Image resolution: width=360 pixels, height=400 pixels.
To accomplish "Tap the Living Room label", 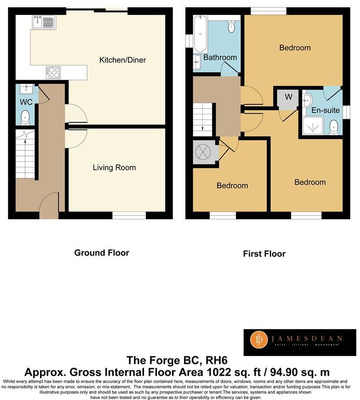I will click(114, 167).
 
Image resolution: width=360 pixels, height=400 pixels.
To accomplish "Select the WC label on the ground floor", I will click(26, 102).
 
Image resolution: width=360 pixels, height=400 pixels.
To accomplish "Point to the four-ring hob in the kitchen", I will click(53, 72).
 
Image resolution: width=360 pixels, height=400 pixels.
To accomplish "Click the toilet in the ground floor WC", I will click(25, 117).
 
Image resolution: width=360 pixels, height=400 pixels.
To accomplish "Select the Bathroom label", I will click(220, 57).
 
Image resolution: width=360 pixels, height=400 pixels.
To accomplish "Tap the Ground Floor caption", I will click(101, 252).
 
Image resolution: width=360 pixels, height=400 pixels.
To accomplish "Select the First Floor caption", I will click(264, 253).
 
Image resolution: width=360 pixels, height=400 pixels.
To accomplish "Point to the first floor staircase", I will click(203, 119).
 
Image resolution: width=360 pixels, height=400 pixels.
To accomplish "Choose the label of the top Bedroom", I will click(295, 48).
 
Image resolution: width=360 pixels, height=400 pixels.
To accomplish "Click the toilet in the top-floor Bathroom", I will click(231, 27).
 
